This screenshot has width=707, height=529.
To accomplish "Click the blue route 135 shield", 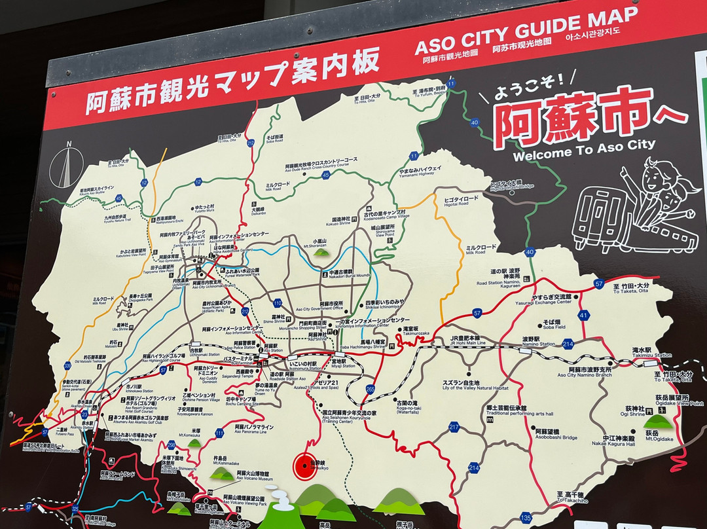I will coord(526,518).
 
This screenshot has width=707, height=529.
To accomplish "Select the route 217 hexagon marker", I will coord(454,427).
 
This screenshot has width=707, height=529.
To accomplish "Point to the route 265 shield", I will coord(371,389).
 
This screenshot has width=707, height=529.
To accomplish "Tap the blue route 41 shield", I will coord(583,315).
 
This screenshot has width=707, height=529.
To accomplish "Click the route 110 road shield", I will coord(278,302).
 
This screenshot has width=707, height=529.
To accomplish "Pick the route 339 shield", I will coord(67,365).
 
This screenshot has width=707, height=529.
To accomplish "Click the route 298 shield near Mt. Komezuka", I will coord(172,445).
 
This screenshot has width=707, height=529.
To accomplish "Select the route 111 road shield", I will coord(219,433).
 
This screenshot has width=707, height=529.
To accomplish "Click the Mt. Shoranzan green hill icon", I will coord(321,251).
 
